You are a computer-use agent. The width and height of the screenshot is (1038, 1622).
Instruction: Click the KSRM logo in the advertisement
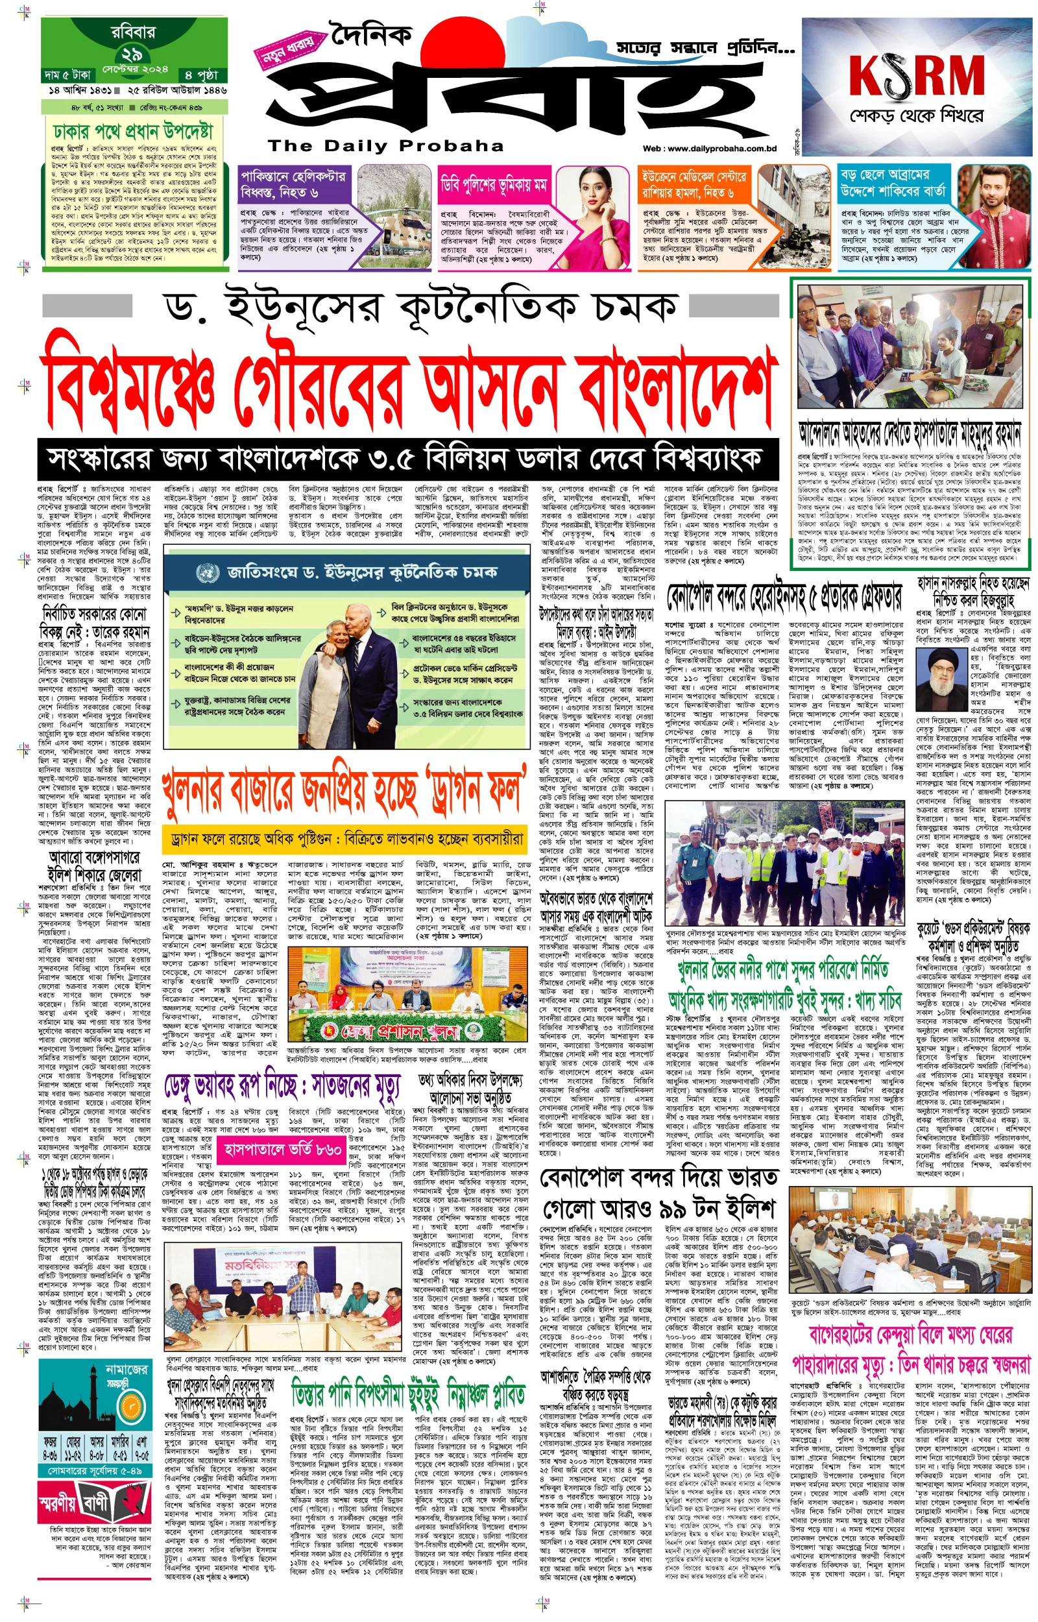pos(916,75)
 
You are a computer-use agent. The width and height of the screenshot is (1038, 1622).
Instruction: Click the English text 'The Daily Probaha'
pos(385,145)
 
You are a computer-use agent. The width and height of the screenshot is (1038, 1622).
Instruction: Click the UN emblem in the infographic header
pos(208,573)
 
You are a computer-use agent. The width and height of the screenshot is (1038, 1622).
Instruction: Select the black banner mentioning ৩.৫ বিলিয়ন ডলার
pos(408,459)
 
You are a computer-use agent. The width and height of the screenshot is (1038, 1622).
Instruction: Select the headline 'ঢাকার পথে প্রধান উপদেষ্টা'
pos(134,132)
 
